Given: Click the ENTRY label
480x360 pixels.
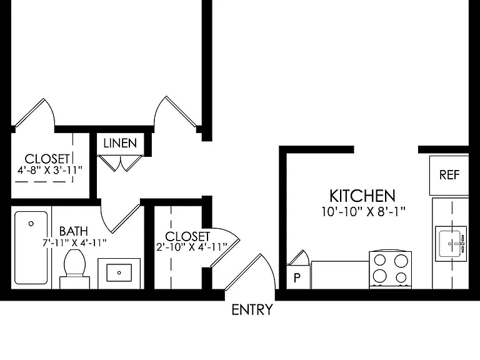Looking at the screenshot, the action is [x=252, y=310].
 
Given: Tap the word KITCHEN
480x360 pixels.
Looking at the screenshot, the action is [x=362, y=196].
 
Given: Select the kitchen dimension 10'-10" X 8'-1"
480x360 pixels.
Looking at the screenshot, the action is [x=363, y=211].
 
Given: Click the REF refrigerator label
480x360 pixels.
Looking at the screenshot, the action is [x=449, y=175].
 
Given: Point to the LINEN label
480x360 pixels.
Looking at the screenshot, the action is [x=120, y=143].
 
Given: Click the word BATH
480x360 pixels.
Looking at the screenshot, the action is [x=74, y=231].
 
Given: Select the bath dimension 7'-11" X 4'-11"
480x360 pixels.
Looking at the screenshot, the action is [x=74, y=242].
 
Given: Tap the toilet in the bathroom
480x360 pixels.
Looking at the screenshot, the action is [x=74, y=269].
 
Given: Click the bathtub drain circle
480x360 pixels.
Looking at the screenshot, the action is [x=31, y=224].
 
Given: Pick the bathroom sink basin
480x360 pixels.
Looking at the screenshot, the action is [x=119, y=272].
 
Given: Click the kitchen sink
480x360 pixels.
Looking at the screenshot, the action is [x=451, y=244].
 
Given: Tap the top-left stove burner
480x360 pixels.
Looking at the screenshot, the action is [x=380, y=261].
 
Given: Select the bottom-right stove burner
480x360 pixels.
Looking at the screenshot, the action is [x=401, y=277].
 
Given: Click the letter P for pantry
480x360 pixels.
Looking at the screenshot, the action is [x=297, y=278].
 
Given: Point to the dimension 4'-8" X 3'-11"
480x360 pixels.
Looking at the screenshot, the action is [x=50, y=170].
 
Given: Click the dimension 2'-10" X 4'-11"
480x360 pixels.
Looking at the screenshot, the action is [x=192, y=247].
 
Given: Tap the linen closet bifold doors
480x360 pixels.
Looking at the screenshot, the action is [x=120, y=163].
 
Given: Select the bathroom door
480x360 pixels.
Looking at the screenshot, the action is [x=121, y=218].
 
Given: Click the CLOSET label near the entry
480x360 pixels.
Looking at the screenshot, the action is [x=187, y=236].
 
